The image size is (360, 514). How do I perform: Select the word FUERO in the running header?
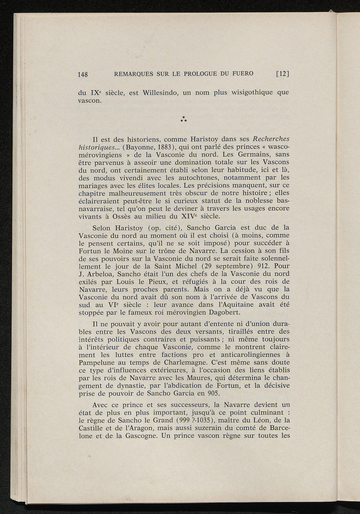click(242, 74)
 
